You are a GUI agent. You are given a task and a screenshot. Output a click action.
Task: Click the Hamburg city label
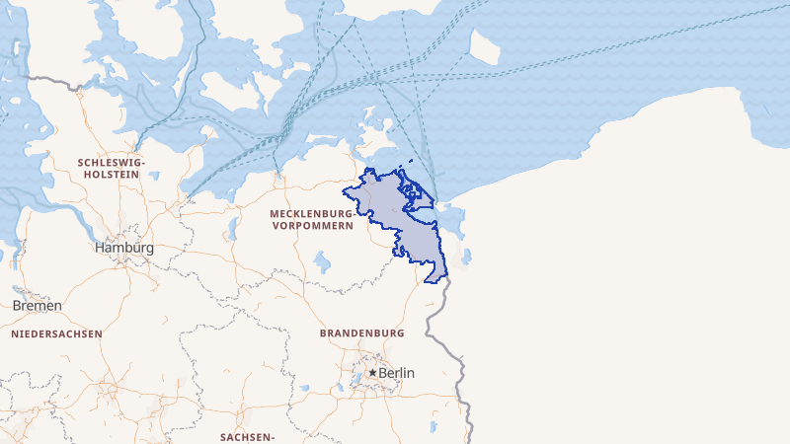(x=124, y=248)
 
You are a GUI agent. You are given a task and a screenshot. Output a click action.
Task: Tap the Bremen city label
(x=38, y=305)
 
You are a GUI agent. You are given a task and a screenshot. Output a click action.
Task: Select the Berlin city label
(x=396, y=373)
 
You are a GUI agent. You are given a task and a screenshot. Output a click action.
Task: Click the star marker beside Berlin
(x=372, y=373)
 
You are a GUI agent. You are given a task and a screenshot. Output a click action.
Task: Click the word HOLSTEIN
(x=112, y=175)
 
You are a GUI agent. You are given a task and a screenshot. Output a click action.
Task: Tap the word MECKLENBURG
(x=311, y=213)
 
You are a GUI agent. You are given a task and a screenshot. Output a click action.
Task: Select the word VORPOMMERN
(x=311, y=226)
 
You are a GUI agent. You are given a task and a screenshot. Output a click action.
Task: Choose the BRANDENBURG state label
(x=362, y=333)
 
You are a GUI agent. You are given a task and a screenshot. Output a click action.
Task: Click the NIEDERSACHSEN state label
(x=57, y=333)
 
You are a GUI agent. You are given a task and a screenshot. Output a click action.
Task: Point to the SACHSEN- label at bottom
(x=247, y=436)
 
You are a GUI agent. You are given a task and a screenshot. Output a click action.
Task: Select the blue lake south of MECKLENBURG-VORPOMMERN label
(x=322, y=261)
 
